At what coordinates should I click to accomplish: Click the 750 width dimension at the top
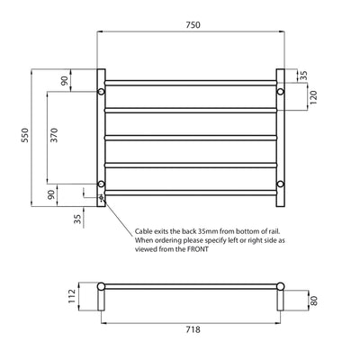[192, 27]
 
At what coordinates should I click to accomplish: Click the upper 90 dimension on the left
[64, 80]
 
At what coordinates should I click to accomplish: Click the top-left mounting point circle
[102, 92]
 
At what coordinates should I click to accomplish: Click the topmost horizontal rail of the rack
[191, 83]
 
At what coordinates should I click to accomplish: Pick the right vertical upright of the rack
[280, 135]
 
